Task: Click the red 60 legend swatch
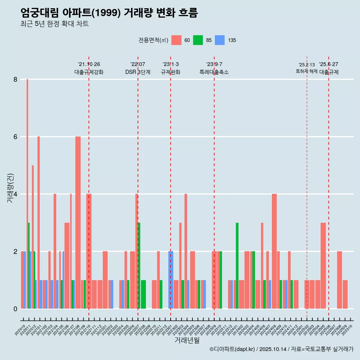[x=176, y=40]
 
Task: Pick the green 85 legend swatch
[x=198, y=40]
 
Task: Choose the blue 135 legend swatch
[x=220, y=40]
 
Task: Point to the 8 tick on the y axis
[x=15, y=79]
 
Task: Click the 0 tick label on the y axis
[x=15, y=309]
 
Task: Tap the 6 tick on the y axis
[x=15, y=137]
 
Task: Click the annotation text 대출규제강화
[x=89, y=72]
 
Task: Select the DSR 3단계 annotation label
[x=138, y=72]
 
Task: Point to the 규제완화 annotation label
[x=171, y=72]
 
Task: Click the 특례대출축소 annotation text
[x=214, y=72]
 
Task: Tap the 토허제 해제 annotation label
[x=307, y=71]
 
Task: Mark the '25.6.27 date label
[x=328, y=64]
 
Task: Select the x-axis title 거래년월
[x=187, y=340]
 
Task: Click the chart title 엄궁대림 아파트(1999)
[x=109, y=13]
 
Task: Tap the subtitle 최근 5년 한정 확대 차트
[x=55, y=24]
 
